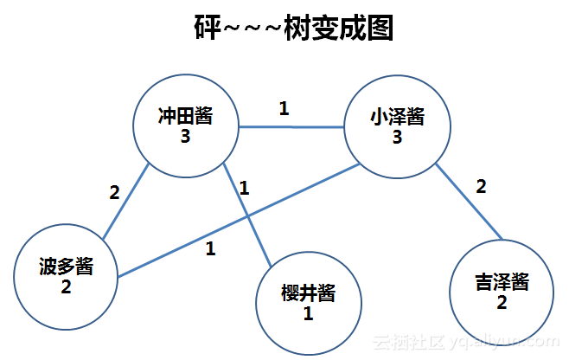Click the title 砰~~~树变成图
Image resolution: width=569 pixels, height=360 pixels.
click(293, 28)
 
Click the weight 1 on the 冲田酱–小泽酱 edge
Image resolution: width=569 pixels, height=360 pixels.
click(284, 109)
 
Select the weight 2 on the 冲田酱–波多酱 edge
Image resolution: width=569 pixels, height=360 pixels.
click(113, 193)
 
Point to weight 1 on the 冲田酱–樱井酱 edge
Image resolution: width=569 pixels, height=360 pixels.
click(244, 187)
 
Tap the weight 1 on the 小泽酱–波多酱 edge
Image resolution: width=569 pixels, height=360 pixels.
click(209, 249)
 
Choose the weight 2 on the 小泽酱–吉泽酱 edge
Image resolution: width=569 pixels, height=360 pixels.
click(482, 186)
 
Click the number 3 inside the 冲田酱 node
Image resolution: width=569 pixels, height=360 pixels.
click(185, 137)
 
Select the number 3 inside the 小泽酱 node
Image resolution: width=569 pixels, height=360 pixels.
click(397, 137)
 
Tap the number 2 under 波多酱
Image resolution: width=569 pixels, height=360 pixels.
click(66, 285)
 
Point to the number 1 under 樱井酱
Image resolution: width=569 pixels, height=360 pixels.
click(307, 313)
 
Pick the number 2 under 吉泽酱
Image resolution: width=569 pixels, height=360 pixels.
click(502, 302)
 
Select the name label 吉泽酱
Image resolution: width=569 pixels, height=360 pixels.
click(502, 281)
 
